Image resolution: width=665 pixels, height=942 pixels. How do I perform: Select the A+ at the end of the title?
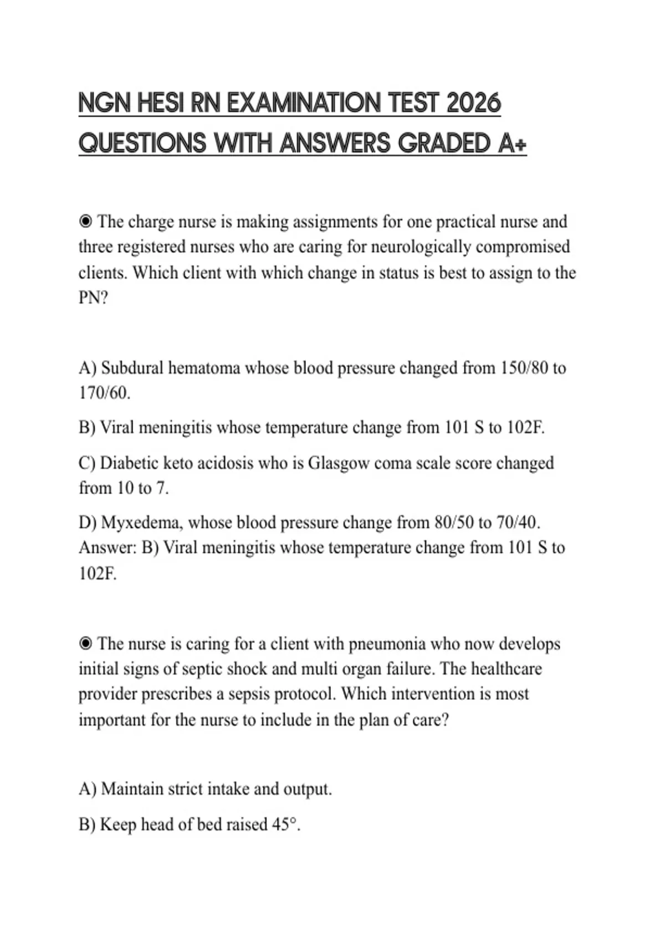coord(512,144)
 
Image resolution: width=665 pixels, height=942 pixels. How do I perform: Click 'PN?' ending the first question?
coord(93,298)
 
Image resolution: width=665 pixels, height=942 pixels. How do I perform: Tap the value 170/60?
coord(104,393)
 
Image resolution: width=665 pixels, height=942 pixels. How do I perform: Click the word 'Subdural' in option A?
coord(132,368)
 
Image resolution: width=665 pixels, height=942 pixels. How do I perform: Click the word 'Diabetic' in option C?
coord(129,463)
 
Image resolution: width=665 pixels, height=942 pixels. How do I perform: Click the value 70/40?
coord(516,523)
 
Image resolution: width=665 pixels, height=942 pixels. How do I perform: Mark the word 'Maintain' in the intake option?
coord(132,789)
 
